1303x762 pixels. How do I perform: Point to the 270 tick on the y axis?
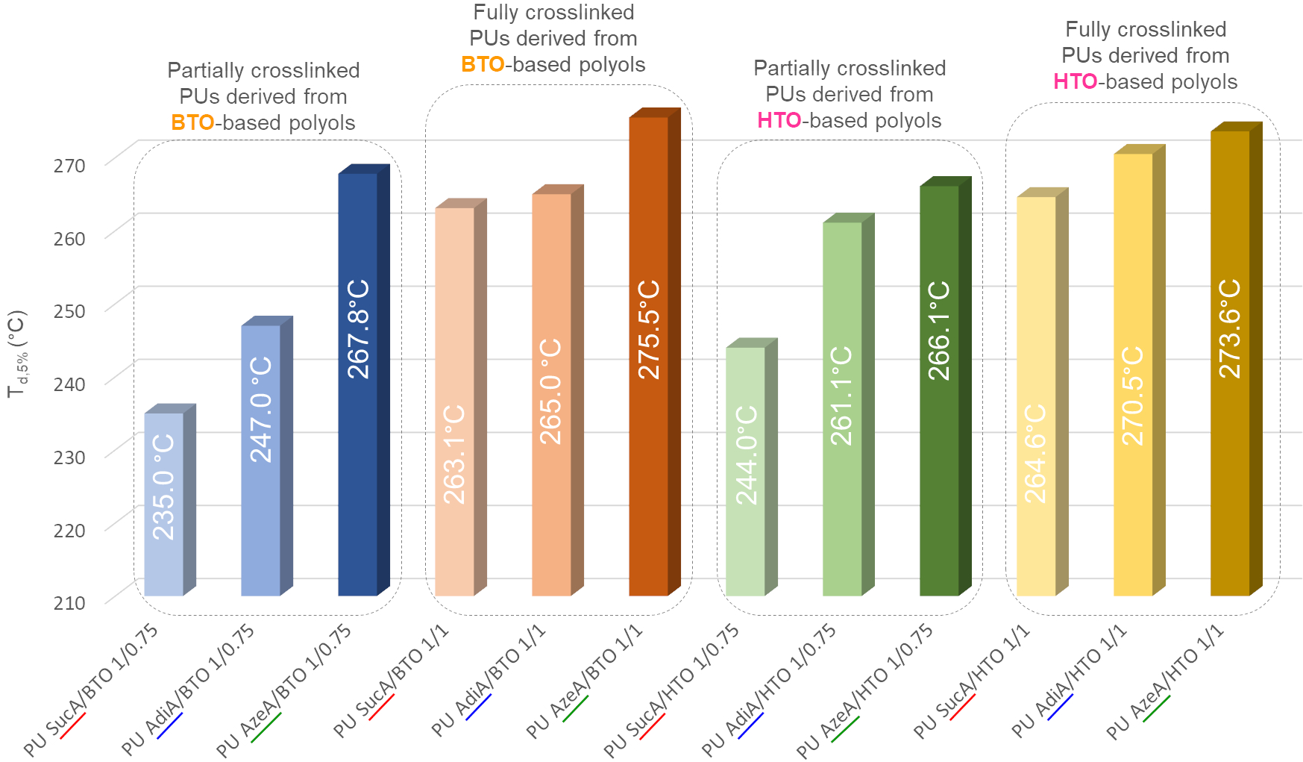pyautogui.click(x=69, y=165)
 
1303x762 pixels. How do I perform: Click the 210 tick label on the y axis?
pyautogui.click(x=69, y=602)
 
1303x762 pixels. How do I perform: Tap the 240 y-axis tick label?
pyautogui.click(x=69, y=384)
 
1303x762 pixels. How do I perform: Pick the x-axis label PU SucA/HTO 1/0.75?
pyautogui.click(x=671, y=690)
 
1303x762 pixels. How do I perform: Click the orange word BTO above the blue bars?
pyautogui.click(x=192, y=122)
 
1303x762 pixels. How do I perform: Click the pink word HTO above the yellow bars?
pyautogui.click(x=1075, y=81)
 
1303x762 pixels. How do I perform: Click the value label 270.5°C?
pyautogui.click(x=1133, y=396)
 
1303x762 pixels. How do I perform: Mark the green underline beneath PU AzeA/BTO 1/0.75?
pyautogui.click(x=266, y=728)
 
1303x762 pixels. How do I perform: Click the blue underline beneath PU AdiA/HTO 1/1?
pyautogui.click(x=1061, y=707)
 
